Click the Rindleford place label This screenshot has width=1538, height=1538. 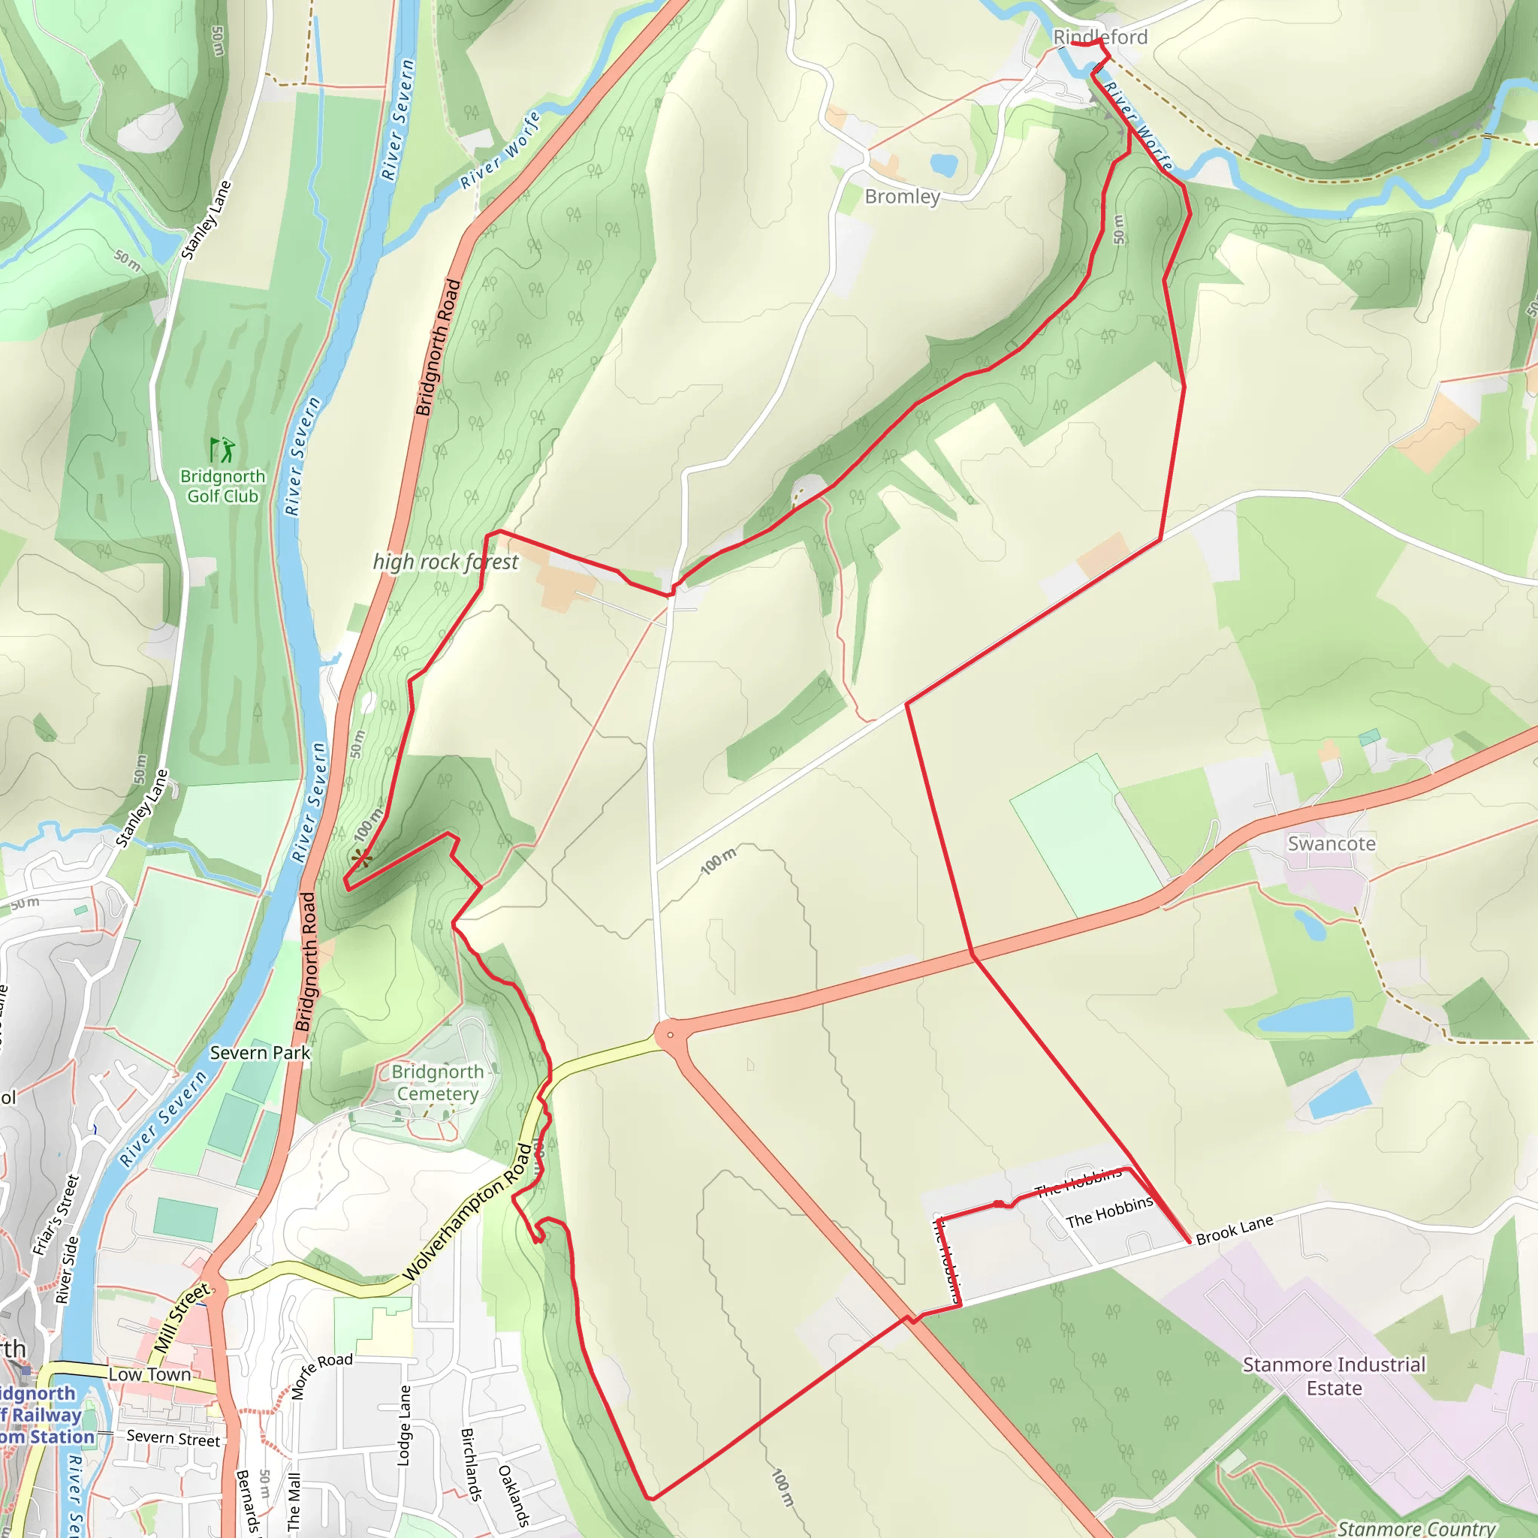tap(1099, 37)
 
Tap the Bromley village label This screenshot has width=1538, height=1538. tap(902, 197)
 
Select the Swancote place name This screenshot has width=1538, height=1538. tap(1331, 844)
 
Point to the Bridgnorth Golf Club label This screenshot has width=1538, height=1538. tap(222, 487)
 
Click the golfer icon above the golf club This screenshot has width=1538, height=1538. tap(222, 449)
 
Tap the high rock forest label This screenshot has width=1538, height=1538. tap(445, 562)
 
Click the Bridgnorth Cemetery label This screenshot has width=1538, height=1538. tap(437, 1083)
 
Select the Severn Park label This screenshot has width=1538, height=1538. tap(260, 1052)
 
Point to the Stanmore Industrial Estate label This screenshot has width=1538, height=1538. tap(1334, 1376)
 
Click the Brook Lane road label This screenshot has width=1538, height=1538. tap(1234, 1230)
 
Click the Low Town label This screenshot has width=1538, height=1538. tap(149, 1375)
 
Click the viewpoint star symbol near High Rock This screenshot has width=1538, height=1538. tap(362, 858)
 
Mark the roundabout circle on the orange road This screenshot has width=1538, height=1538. tap(671, 1035)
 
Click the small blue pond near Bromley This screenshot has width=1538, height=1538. tap(943, 164)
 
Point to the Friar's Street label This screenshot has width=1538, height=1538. tap(56, 1215)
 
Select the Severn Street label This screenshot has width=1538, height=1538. tap(173, 1438)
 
